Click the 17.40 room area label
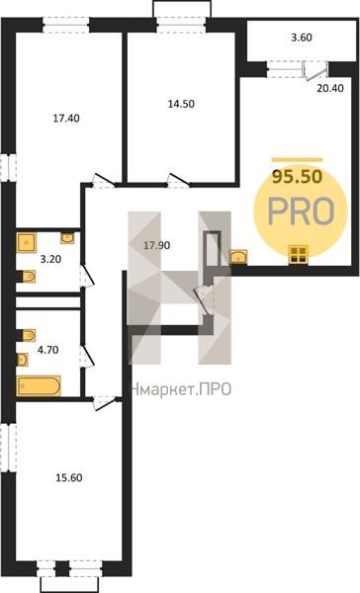tap(66, 119)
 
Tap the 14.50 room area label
tap(181, 104)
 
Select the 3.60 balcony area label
tap(302, 38)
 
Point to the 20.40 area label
tap(330, 88)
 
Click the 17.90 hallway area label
tap(156, 245)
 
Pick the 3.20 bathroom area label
tap(50, 259)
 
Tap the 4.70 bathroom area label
tap(48, 350)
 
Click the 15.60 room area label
tap(69, 477)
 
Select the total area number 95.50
tap(298, 176)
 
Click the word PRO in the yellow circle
tap(302, 212)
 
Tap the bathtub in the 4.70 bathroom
tap(39, 385)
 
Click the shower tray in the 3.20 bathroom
tap(27, 242)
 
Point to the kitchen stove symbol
tap(299, 255)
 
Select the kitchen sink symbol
tap(238, 256)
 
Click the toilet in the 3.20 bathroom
tap(27, 277)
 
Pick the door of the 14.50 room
tap(179, 180)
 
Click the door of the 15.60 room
tap(105, 403)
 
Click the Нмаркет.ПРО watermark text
tap(180, 389)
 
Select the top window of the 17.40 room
tap(66, 25)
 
